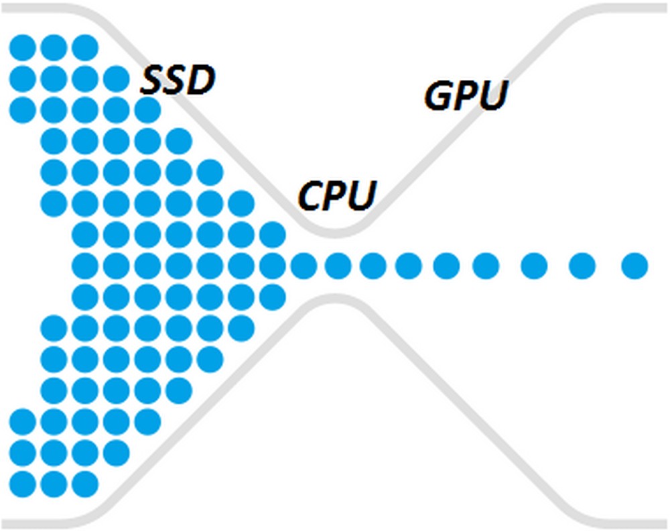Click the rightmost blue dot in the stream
click(634, 266)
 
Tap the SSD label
click(178, 81)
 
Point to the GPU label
click(465, 97)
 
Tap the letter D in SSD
click(201, 81)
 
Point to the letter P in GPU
click(465, 97)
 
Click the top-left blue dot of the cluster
click(22, 48)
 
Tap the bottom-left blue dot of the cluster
click(22, 483)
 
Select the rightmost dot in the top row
click(85, 48)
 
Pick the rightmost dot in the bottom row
click(85, 483)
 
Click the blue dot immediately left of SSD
click(117, 78)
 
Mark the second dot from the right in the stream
click(582, 266)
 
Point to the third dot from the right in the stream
click(535, 266)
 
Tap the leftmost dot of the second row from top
click(22, 78)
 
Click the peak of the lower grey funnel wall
click(333, 301)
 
